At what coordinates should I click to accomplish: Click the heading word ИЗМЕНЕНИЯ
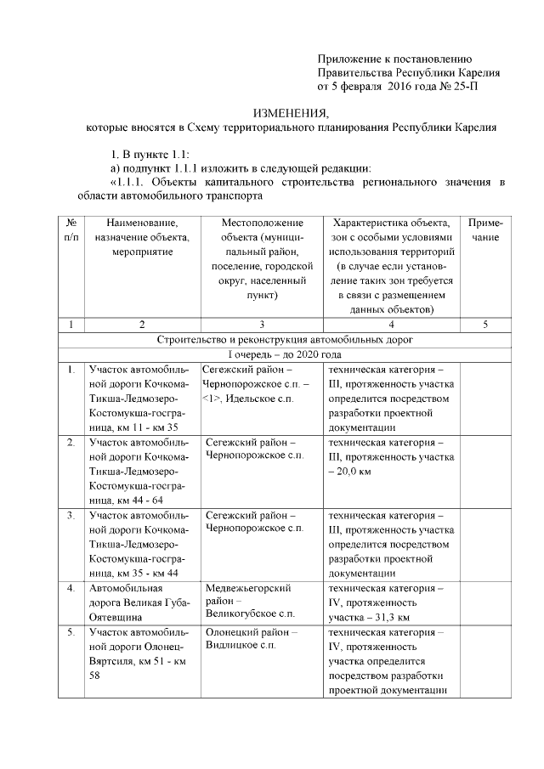292,113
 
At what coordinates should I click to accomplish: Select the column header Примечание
485,230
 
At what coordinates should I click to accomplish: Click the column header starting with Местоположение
261,223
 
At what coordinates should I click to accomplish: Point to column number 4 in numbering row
391,324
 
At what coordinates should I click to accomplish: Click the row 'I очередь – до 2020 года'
285,354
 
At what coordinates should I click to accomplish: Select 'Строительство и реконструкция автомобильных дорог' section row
285,339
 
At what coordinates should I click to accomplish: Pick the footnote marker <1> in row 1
212,398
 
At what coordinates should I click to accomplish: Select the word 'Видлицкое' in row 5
232,647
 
